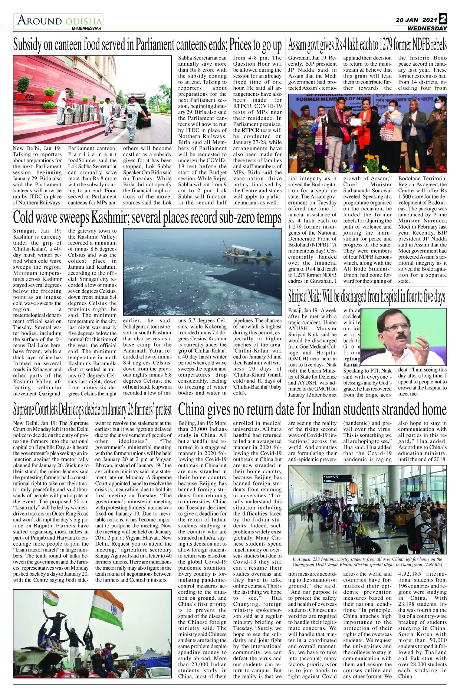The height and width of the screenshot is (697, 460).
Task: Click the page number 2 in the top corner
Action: (443, 19)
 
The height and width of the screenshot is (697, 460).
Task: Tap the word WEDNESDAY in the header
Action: (427, 29)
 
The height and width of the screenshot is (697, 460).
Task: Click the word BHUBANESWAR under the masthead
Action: (87, 28)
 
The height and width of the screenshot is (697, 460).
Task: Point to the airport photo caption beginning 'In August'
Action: (367, 562)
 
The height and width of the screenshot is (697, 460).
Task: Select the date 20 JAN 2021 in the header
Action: (416, 20)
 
